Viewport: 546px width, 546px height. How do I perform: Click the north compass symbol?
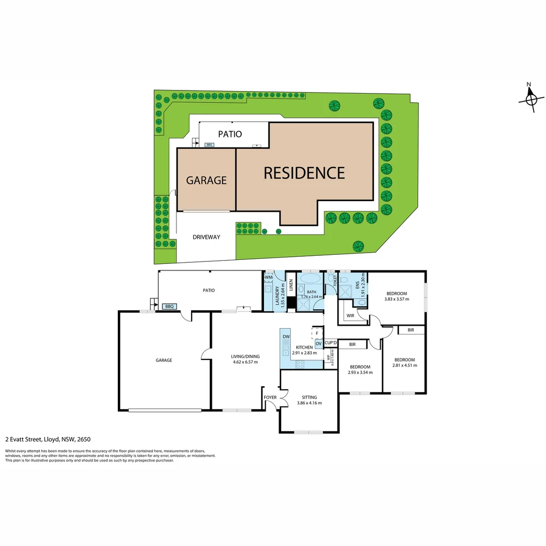(531, 99)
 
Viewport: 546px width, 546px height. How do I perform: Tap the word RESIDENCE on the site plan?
(304, 173)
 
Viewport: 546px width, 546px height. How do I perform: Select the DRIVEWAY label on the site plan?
(206, 237)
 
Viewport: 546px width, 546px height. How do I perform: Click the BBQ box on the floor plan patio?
(169, 306)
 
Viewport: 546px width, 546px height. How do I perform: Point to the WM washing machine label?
(269, 277)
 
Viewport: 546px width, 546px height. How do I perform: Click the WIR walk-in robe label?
(350, 316)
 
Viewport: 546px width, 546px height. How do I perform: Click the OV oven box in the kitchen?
(318, 344)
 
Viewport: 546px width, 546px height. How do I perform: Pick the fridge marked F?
(317, 333)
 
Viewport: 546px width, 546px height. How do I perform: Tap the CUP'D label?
(331, 343)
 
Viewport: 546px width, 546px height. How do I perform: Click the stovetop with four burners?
(299, 362)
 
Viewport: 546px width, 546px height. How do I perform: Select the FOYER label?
(270, 397)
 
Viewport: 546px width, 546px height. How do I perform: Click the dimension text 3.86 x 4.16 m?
(309, 403)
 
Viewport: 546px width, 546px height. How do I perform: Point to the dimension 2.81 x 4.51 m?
(404, 366)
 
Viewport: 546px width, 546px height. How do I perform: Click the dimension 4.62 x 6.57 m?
(245, 362)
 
